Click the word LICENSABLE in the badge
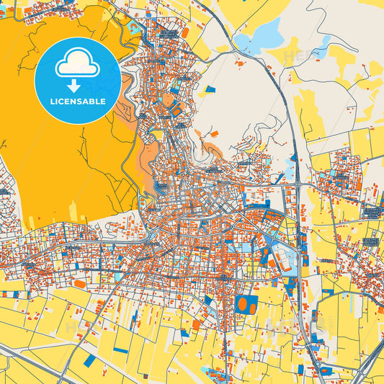pos(77,102)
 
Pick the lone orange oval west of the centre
pos(79,284)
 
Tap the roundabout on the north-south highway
pos(298,185)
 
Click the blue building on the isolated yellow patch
pos(210,89)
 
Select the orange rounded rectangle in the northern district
pos(185,32)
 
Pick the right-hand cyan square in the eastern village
pos(375,242)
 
